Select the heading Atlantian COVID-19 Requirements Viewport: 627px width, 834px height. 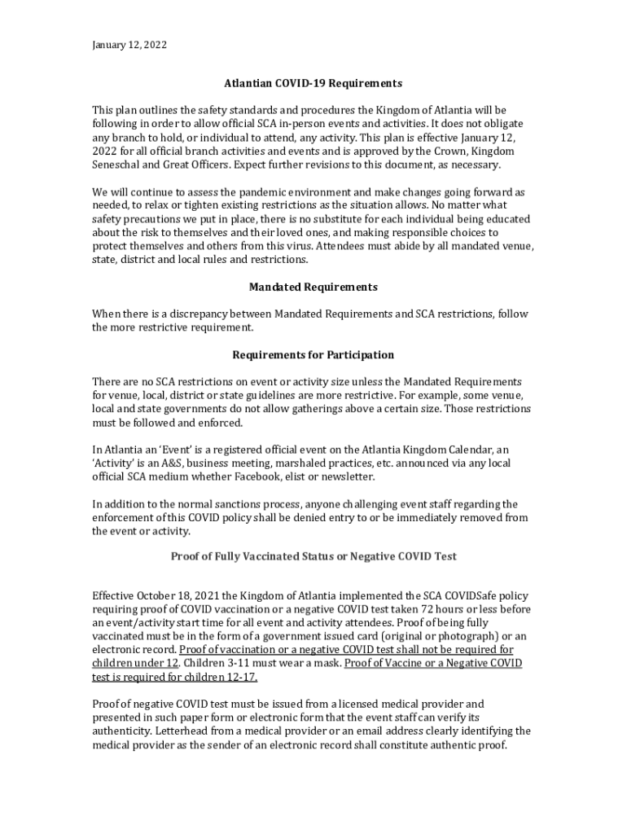point(313,83)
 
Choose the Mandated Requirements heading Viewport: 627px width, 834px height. point(313,287)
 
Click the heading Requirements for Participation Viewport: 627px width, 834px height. point(313,355)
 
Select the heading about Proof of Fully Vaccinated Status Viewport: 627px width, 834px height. point(313,556)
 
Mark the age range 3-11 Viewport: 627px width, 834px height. point(230,663)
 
